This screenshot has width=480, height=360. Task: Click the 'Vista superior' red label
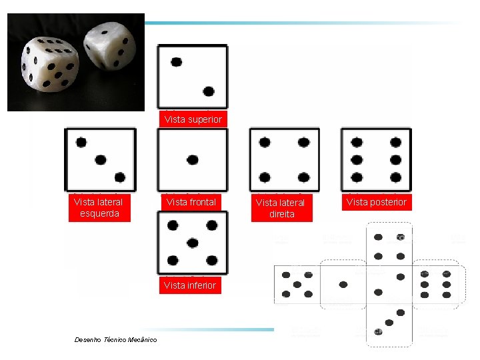pos(193,119)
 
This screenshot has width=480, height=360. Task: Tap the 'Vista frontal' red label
pos(191,202)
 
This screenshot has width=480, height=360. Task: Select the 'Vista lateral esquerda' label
pos(99,207)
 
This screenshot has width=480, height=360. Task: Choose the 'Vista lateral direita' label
pos(282,208)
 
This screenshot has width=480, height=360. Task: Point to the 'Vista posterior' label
pos(377,202)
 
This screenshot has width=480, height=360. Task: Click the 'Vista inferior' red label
pos(190,285)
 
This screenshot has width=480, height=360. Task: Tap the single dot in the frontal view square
pos(193,160)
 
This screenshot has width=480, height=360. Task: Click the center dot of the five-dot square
pos(192,243)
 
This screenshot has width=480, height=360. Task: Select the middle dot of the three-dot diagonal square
pos(101,160)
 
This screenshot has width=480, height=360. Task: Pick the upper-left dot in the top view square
pos(176,62)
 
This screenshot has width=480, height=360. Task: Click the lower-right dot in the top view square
pos(209,91)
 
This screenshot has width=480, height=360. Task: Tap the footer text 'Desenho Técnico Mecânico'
pos(116,339)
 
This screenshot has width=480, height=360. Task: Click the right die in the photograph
pos(110,45)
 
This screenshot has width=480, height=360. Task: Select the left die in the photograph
pos(50,64)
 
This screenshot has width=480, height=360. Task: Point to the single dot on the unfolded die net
pos(343,285)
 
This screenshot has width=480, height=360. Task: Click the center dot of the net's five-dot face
pos(297,285)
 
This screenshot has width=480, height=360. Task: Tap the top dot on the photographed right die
pos(105,32)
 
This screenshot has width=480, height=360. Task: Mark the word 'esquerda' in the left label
pos(99,213)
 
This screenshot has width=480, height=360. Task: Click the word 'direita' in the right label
pos(282,214)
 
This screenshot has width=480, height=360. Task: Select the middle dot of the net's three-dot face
pos(389,323)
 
